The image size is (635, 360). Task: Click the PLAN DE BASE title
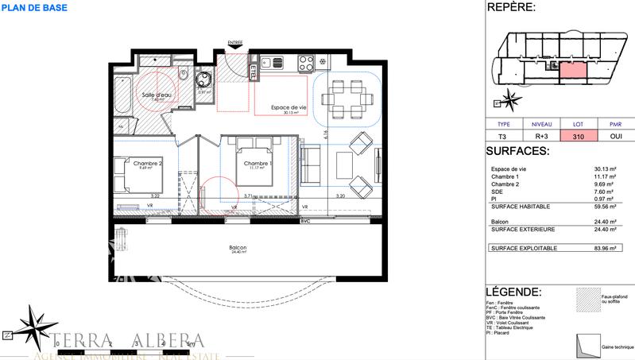(34, 8)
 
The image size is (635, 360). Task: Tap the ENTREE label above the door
(235, 42)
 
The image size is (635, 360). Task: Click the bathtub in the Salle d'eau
(121, 95)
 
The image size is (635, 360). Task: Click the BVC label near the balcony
(304, 220)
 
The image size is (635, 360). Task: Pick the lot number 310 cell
(577, 137)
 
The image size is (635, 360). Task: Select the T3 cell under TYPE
(503, 137)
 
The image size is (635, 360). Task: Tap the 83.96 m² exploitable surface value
(611, 249)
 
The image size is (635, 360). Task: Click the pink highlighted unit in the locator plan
(573, 72)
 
